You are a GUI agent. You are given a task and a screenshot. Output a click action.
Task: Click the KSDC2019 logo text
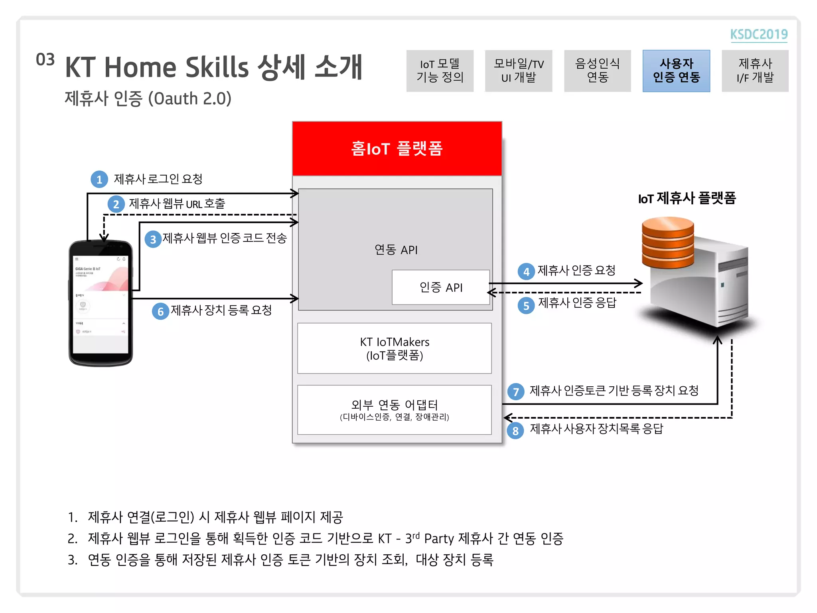(x=759, y=34)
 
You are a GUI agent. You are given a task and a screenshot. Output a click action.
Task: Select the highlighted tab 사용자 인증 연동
(x=676, y=71)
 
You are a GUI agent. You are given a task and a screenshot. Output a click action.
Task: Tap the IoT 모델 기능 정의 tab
(x=440, y=71)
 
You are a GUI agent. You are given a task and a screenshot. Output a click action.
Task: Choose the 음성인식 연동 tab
(x=597, y=71)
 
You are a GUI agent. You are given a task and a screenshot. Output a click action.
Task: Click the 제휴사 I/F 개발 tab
(x=755, y=71)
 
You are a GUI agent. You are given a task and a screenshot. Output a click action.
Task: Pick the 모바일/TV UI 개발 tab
(x=518, y=71)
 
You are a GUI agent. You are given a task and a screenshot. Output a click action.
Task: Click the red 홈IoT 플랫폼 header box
(x=397, y=148)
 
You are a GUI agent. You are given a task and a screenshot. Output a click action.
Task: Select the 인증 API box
(x=441, y=287)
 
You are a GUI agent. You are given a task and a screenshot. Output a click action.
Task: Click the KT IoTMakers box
(x=395, y=348)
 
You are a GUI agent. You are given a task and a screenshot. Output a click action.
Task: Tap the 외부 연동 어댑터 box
(x=395, y=409)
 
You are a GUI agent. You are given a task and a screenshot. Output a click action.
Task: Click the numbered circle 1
(x=99, y=180)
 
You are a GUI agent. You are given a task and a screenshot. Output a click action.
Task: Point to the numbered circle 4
(x=526, y=272)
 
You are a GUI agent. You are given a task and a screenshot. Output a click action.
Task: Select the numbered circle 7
(x=516, y=392)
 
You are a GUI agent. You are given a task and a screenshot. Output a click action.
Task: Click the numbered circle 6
(x=160, y=311)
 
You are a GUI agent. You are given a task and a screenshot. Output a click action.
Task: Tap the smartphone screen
(x=101, y=303)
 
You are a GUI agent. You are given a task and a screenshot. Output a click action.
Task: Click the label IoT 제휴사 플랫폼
(x=687, y=198)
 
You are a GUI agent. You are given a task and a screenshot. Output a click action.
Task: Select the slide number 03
(x=45, y=60)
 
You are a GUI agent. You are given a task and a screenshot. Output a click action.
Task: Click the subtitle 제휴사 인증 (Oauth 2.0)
(x=148, y=99)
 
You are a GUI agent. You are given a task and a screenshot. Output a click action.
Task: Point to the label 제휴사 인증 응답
(x=577, y=303)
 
